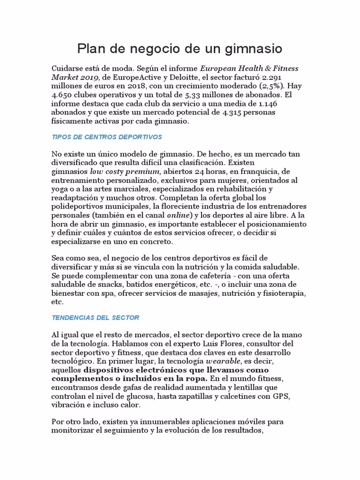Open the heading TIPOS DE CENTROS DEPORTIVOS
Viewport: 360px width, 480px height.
point(107,137)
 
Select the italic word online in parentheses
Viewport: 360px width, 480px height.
point(179,216)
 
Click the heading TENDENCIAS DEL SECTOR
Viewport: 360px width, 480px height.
point(96,318)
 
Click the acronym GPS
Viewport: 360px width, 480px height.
point(282,396)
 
